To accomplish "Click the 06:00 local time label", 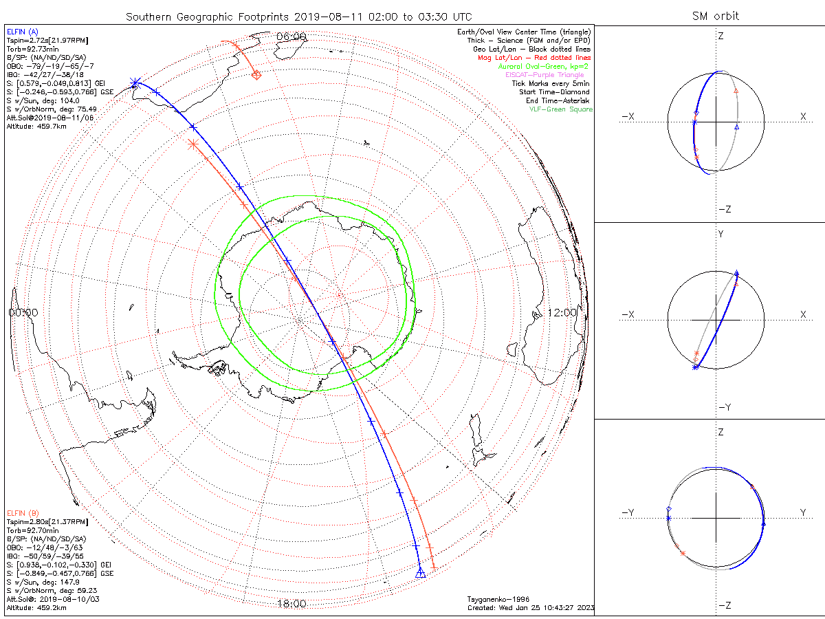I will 291,36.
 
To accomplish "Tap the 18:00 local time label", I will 291,604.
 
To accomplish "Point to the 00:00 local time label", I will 23,312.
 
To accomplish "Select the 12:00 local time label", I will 562,312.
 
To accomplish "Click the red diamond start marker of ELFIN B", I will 256,75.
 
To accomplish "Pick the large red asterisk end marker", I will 192,143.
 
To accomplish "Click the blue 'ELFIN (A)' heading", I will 23,32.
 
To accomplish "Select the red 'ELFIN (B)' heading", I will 23,513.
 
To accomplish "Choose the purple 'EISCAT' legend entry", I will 549,75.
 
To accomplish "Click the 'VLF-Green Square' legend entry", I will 560,109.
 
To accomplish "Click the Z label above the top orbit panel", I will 720,36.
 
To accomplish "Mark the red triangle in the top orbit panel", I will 736,90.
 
